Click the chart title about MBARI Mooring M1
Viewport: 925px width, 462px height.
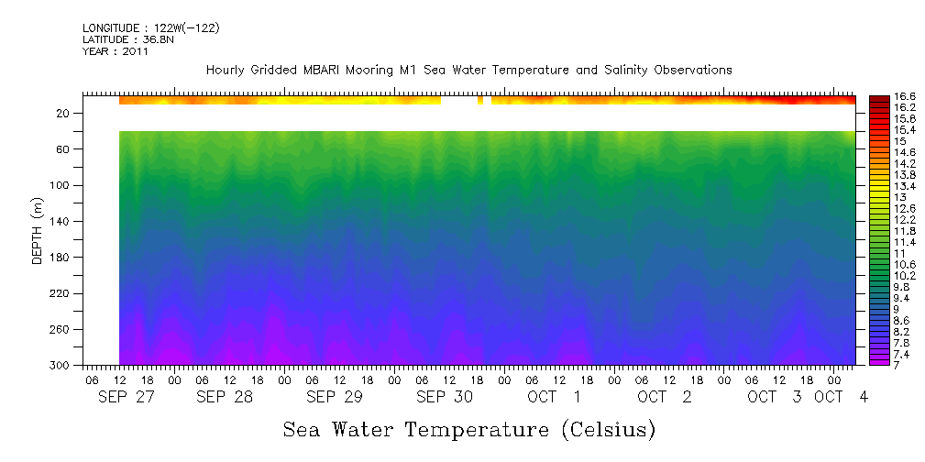click(x=468, y=70)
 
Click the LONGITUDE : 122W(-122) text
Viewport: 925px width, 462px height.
click(x=150, y=28)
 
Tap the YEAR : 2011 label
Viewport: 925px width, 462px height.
click(x=116, y=51)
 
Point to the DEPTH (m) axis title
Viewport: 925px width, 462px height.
click(x=38, y=230)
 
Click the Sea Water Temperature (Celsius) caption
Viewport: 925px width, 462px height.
click(x=468, y=429)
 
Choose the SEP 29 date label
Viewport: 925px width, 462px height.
click(x=334, y=397)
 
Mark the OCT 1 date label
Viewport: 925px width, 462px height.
click(x=554, y=397)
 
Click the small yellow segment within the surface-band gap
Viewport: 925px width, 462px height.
click(x=480, y=100)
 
